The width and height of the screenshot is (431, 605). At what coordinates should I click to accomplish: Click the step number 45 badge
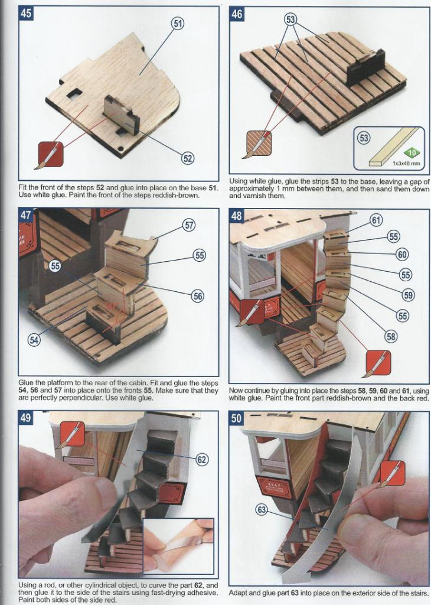(x=26, y=14)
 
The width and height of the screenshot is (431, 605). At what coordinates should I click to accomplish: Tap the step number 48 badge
(x=237, y=216)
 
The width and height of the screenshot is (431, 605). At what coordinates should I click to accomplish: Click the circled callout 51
(x=177, y=24)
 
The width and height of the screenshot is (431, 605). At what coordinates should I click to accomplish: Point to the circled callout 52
(x=188, y=158)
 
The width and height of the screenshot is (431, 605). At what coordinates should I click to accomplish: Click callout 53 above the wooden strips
(x=290, y=19)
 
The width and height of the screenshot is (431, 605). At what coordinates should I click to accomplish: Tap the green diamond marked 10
(x=413, y=153)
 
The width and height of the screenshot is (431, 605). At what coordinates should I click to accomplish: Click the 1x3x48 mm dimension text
(x=406, y=164)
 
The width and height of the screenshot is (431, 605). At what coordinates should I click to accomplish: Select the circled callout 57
(x=188, y=225)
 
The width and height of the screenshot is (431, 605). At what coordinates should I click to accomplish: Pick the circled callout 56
(x=198, y=296)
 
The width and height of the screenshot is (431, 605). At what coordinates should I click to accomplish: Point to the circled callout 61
(x=376, y=220)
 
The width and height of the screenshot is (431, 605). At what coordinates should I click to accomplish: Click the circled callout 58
(x=391, y=337)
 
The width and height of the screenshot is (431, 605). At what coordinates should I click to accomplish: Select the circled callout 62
(x=202, y=459)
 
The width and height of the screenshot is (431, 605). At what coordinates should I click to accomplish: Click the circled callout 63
(x=262, y=510)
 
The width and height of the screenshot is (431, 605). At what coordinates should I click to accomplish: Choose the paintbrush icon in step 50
(x=391, y=473)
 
